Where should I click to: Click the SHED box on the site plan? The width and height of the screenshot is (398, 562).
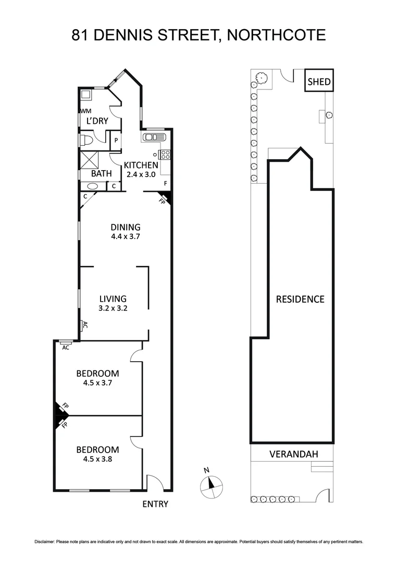pos(319,81)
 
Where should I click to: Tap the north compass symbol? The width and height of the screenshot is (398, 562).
pos(211,484)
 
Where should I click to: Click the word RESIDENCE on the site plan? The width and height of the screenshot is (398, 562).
pos(300,299)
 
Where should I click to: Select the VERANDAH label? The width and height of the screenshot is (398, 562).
pos(293,454)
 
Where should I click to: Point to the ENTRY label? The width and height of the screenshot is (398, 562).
pos(155,504)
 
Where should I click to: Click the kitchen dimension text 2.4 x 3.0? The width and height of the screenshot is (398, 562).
pos(140,175)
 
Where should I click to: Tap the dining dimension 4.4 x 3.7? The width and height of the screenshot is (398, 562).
pos(125,236)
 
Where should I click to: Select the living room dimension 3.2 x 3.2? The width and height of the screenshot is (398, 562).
pos(113,308)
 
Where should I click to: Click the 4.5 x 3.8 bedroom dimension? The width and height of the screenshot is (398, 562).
pos(97,459)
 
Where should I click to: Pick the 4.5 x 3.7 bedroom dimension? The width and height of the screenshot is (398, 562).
pos(97,382)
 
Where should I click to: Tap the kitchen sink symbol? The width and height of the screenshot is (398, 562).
pos(152,137)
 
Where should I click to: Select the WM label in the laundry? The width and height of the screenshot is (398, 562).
pos(86,111)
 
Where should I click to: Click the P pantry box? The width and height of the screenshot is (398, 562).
pos(115,140)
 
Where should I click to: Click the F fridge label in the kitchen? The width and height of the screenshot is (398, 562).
pos(165,183)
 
